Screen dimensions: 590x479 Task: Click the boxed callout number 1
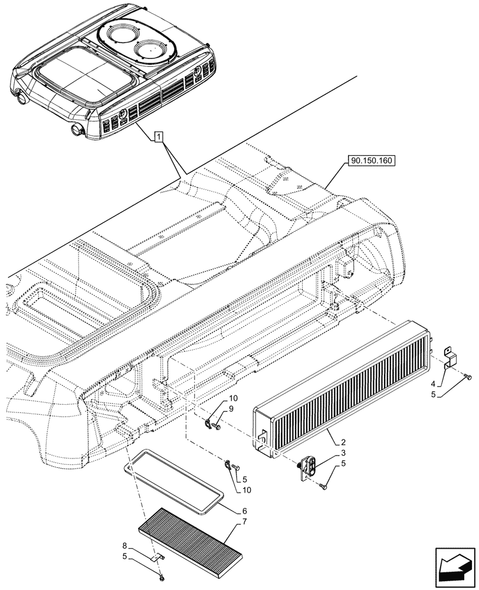coord(158,137)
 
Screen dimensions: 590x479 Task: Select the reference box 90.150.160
coord(372,160)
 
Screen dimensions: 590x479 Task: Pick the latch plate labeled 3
coord(310,467)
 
